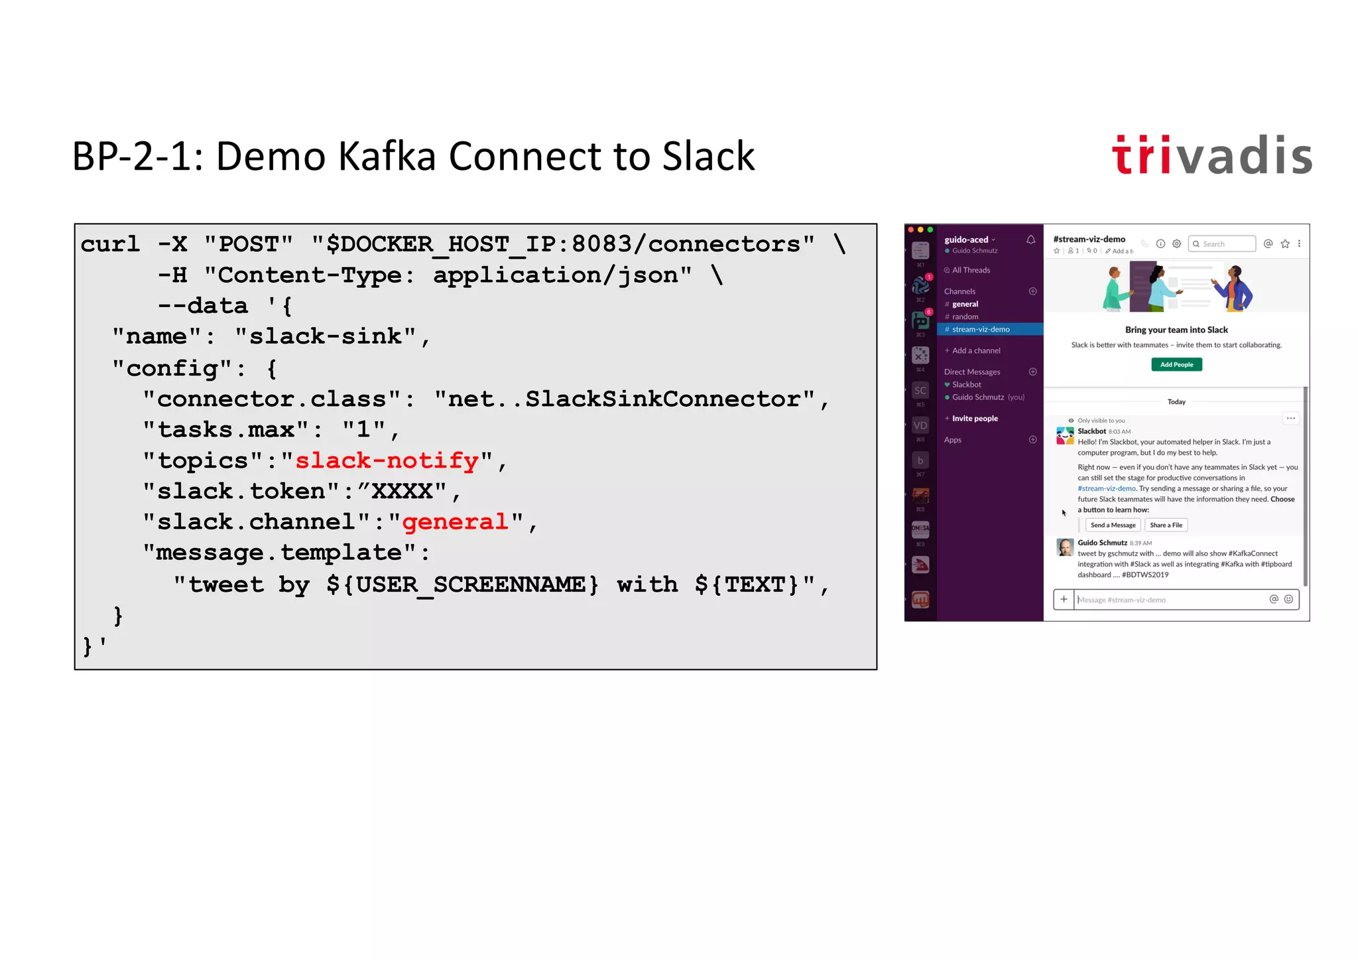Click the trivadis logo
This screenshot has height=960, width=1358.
1211,156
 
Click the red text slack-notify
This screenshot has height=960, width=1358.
387,460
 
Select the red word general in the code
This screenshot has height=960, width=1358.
455,522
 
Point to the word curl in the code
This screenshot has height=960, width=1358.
110,244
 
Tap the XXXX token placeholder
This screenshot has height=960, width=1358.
402,492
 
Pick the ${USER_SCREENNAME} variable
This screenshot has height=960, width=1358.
462,584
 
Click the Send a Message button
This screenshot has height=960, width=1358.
1113,525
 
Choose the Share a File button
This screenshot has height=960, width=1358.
1166,525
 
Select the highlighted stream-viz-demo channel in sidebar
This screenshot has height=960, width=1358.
981,329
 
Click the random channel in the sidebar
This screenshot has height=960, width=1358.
965,316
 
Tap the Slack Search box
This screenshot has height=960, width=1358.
1222,243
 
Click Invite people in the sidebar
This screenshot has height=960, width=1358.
975,419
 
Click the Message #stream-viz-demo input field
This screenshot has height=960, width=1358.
1167,600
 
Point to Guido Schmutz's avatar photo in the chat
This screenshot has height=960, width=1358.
1065,547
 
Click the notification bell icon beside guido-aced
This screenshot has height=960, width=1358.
1030,240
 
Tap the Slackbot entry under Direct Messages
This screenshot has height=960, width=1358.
967,385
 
